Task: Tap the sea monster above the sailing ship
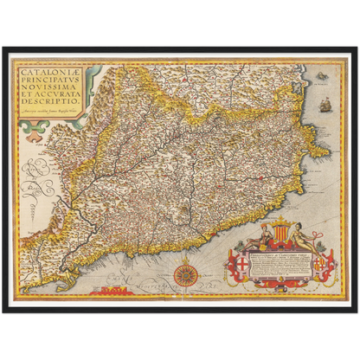[323, 77]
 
